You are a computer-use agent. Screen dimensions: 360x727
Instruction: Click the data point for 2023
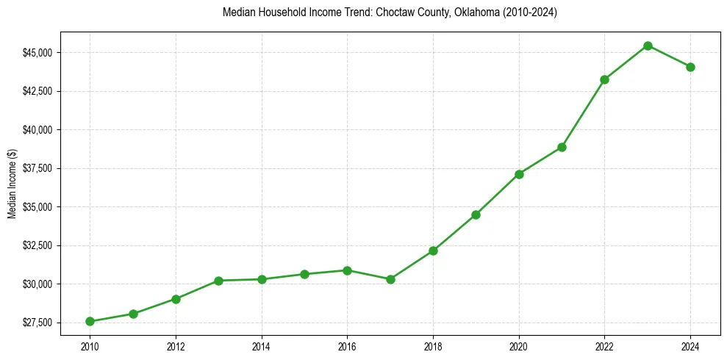tap(648, 46)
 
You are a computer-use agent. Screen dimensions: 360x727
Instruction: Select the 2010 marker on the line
tap(90, 321)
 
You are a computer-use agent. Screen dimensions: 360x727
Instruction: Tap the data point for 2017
tap(390, 279)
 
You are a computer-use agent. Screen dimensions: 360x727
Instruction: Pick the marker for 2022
tap(604, 79)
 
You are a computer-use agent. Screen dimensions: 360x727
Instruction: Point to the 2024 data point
tap(690, 67)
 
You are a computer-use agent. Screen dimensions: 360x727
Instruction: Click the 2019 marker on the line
tap(476, 215)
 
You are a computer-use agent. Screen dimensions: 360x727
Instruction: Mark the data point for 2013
tap(218, 281)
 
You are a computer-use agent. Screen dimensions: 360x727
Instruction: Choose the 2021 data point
tap(562, 147)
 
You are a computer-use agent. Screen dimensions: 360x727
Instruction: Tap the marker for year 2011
tap(133, 314)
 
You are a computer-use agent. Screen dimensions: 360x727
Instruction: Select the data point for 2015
tap(304, 274)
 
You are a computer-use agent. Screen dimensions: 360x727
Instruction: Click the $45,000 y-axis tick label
tap(37, 53)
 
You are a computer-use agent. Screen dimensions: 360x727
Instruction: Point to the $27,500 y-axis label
tap(37, 323)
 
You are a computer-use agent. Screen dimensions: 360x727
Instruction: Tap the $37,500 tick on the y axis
tap(37, 168)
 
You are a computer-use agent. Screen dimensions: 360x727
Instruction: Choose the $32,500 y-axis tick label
tap(37, 245)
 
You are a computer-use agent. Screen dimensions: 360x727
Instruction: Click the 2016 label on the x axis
tap(347, 345)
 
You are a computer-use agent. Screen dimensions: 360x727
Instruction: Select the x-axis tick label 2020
tap(519, 345)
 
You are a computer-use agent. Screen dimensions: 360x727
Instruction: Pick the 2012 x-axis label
tap(176, 345)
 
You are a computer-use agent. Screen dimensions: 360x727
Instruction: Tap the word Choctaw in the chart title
tap(393, 12)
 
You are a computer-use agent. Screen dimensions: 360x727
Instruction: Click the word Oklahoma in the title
tap(468, 12)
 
